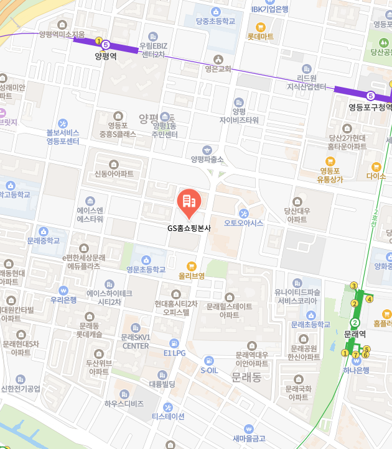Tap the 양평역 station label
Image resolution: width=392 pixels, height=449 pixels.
(x=106, y=56)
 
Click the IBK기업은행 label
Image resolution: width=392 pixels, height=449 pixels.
(x=269, y=9)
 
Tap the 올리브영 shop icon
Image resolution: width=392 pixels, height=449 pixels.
(x=191, y=265)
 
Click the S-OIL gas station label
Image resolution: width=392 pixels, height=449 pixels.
(x=210, y=370)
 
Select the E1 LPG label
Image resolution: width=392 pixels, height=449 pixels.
(x=174, y=353)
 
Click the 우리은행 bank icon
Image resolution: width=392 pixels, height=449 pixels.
(x=63, y=290)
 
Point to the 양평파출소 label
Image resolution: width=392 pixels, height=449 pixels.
(x=207, y=160)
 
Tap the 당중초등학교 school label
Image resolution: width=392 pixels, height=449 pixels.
(x=215, y=21)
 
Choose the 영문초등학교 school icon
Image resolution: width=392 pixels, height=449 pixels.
(x=146, y=260)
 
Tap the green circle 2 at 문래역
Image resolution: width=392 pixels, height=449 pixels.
(x=355, y=322)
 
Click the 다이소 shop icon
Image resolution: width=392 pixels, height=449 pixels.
(x=376, y=166)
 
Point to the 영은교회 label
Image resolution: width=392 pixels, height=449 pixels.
(x=217, y=69)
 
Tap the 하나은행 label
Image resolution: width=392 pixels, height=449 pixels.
(x=356, y=370)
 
